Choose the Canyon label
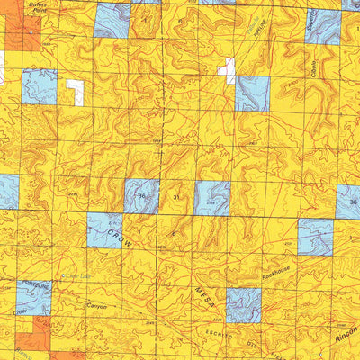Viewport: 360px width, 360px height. tap(96, 307)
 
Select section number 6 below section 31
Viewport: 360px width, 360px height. tap(175, 231)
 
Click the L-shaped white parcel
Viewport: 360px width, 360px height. tap(76, 91)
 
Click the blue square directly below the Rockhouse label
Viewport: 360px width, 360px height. tap(243, 305)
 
